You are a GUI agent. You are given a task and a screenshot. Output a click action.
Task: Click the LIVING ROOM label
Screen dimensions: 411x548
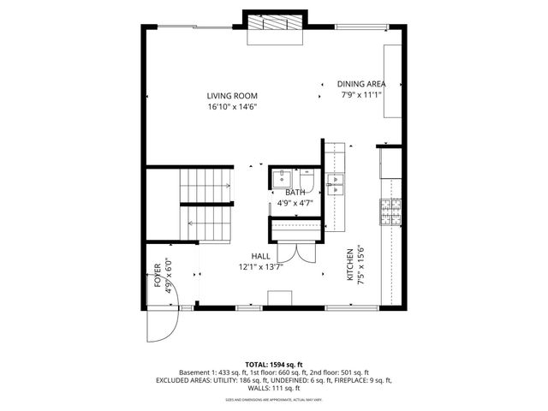(x=232, y=96)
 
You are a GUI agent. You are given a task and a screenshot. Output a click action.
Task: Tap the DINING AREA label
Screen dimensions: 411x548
(x=360, y=84)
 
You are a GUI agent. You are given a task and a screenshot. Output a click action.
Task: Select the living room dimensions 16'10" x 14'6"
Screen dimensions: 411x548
(x=232, y=107)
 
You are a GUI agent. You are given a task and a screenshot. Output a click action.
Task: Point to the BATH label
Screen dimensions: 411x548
(x=295, y=194)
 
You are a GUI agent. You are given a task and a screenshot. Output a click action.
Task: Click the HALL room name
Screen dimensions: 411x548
(x=261, y=256)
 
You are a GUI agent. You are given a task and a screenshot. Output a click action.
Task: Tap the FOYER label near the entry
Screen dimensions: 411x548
(x=158, y=277)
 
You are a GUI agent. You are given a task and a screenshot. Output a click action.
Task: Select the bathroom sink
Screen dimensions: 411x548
(x=281, y=178)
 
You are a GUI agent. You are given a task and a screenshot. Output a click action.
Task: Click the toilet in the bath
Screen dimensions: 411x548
(x=307, y=182)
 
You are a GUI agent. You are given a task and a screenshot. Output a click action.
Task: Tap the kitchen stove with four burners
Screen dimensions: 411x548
(x=390, y=211)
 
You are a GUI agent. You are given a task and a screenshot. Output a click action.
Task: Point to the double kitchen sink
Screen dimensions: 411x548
(x=335, y=181)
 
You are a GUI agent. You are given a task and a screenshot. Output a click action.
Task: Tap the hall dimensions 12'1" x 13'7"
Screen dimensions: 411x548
(x=261, y=266)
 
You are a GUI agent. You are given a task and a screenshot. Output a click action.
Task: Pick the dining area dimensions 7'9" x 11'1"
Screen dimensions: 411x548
(x=360, y=94)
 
